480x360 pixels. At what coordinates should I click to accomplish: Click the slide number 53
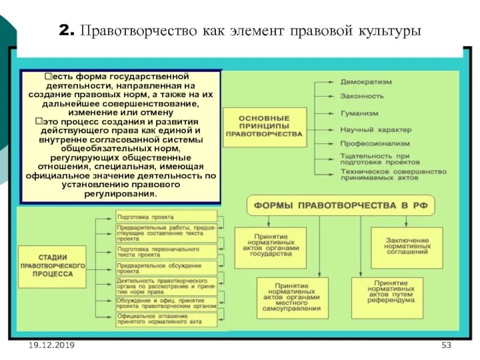coord(446,346)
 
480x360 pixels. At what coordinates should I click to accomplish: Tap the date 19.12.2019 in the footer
coord(51,346)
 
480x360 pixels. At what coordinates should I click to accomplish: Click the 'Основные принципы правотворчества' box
coord(264,127)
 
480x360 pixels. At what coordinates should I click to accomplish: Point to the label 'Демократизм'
coord(365,81)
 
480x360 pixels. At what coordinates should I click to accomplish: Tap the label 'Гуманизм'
coord(359,113)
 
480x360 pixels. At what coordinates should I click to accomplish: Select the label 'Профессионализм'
coord(375,144)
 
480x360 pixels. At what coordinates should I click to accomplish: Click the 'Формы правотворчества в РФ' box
coord(340,205)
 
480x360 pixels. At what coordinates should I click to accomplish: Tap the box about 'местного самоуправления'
coord(292,297)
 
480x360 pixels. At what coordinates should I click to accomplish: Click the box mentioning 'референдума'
coord(386,293)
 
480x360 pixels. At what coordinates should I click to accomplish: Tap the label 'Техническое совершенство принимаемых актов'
coord(393,174)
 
